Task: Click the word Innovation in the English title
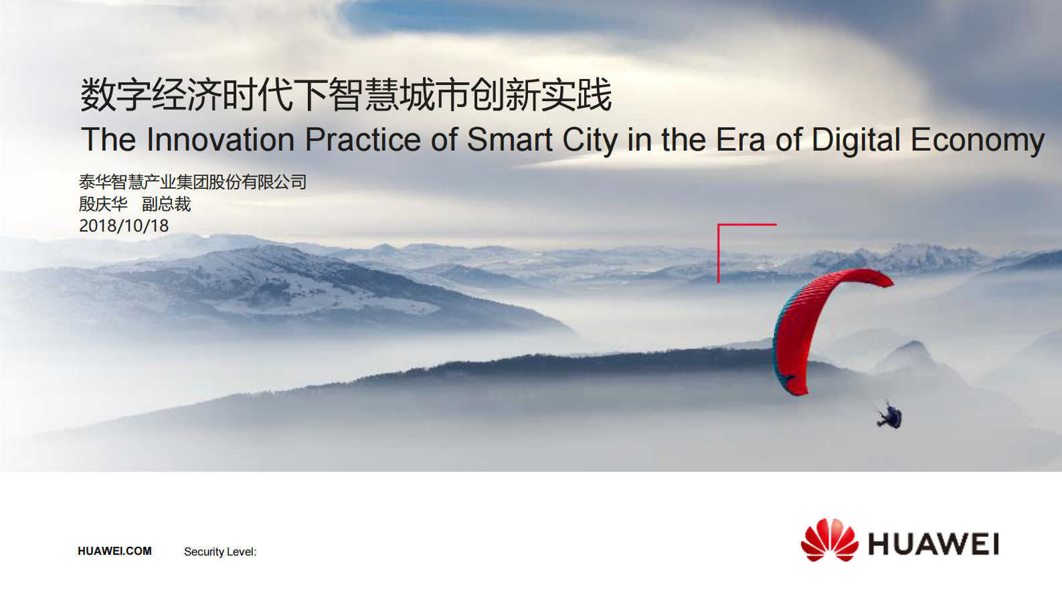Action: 220,139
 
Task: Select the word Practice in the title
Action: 363,139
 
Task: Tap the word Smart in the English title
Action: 510,139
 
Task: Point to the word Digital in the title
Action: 856,141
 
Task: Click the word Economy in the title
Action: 978,141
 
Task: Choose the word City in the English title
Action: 590,141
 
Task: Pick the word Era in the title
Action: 740,139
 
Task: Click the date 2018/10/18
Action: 124,226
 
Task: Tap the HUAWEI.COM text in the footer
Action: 114,551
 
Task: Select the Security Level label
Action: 220,552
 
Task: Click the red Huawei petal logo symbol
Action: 829,540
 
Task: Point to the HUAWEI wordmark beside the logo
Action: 933,544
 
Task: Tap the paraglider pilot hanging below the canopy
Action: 890,416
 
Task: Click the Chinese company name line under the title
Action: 193,182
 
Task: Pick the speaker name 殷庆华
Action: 103,204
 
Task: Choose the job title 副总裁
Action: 167,204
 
